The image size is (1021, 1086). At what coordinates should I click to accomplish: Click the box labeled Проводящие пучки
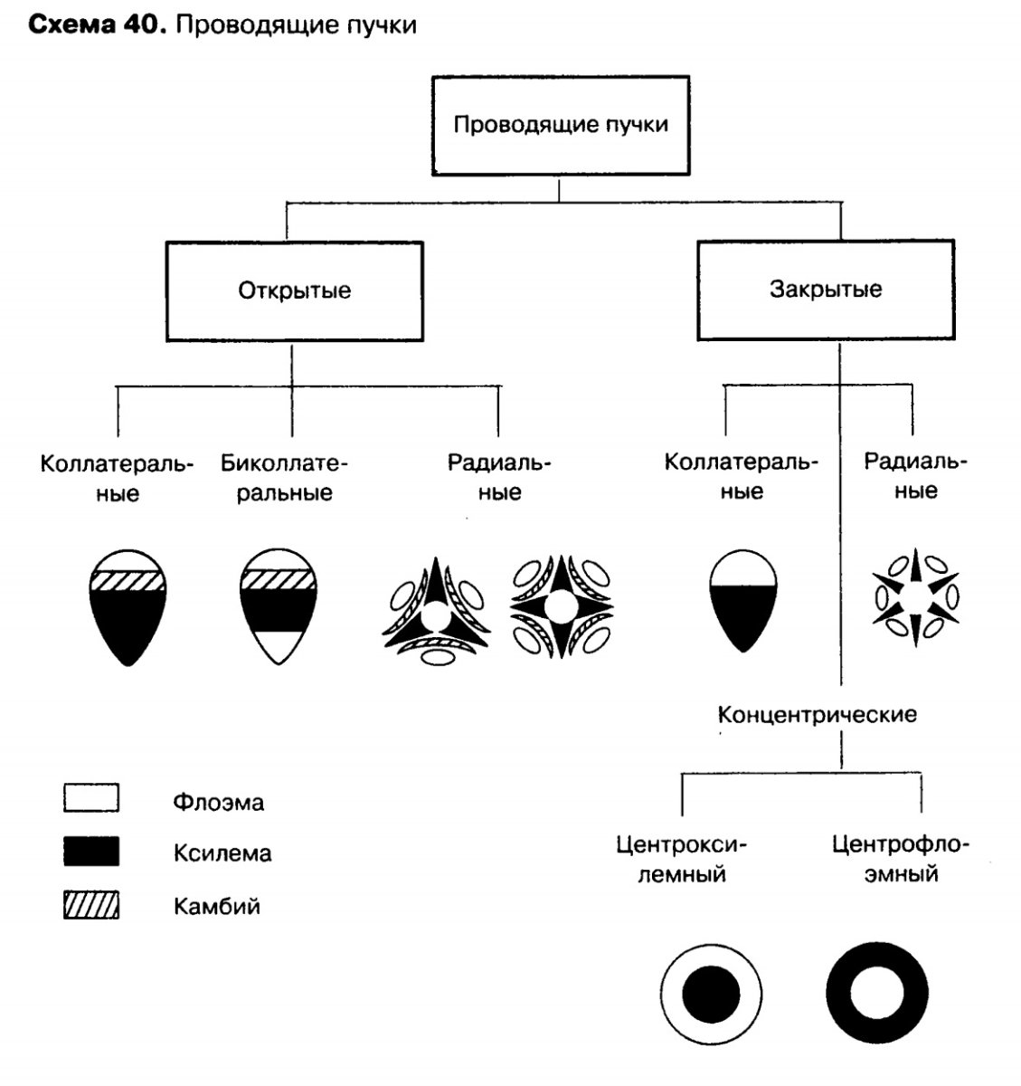(x=560, y=124)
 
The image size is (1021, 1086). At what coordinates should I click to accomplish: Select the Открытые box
(x=294, y=291)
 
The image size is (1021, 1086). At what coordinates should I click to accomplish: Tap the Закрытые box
(x=825, y=290)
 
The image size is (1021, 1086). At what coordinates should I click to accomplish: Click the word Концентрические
(x=817, y=715)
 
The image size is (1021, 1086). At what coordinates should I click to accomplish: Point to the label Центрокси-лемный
(x=682, y=860)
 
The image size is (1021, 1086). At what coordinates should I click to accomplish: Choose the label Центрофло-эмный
(x=900, y=860)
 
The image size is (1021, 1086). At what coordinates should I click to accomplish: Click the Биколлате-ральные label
(x=285, y=478)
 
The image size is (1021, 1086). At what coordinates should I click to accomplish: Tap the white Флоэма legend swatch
(x=91, y=799)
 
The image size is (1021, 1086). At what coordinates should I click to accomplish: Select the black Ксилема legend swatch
(x=91, y=852)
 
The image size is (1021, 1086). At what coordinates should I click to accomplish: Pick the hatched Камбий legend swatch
(x=91, y=904)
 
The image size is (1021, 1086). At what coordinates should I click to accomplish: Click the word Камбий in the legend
(x=217, y=906)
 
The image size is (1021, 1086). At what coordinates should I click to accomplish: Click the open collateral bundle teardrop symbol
(x=128, y=606)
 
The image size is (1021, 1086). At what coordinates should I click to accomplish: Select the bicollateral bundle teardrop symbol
(x=278, y=606)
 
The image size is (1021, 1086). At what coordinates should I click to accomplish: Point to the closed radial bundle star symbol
(x=915, y=597)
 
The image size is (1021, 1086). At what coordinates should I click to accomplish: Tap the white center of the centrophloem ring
(x=876, y=994)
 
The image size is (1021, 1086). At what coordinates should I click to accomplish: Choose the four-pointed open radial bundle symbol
(x=559, y=606)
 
